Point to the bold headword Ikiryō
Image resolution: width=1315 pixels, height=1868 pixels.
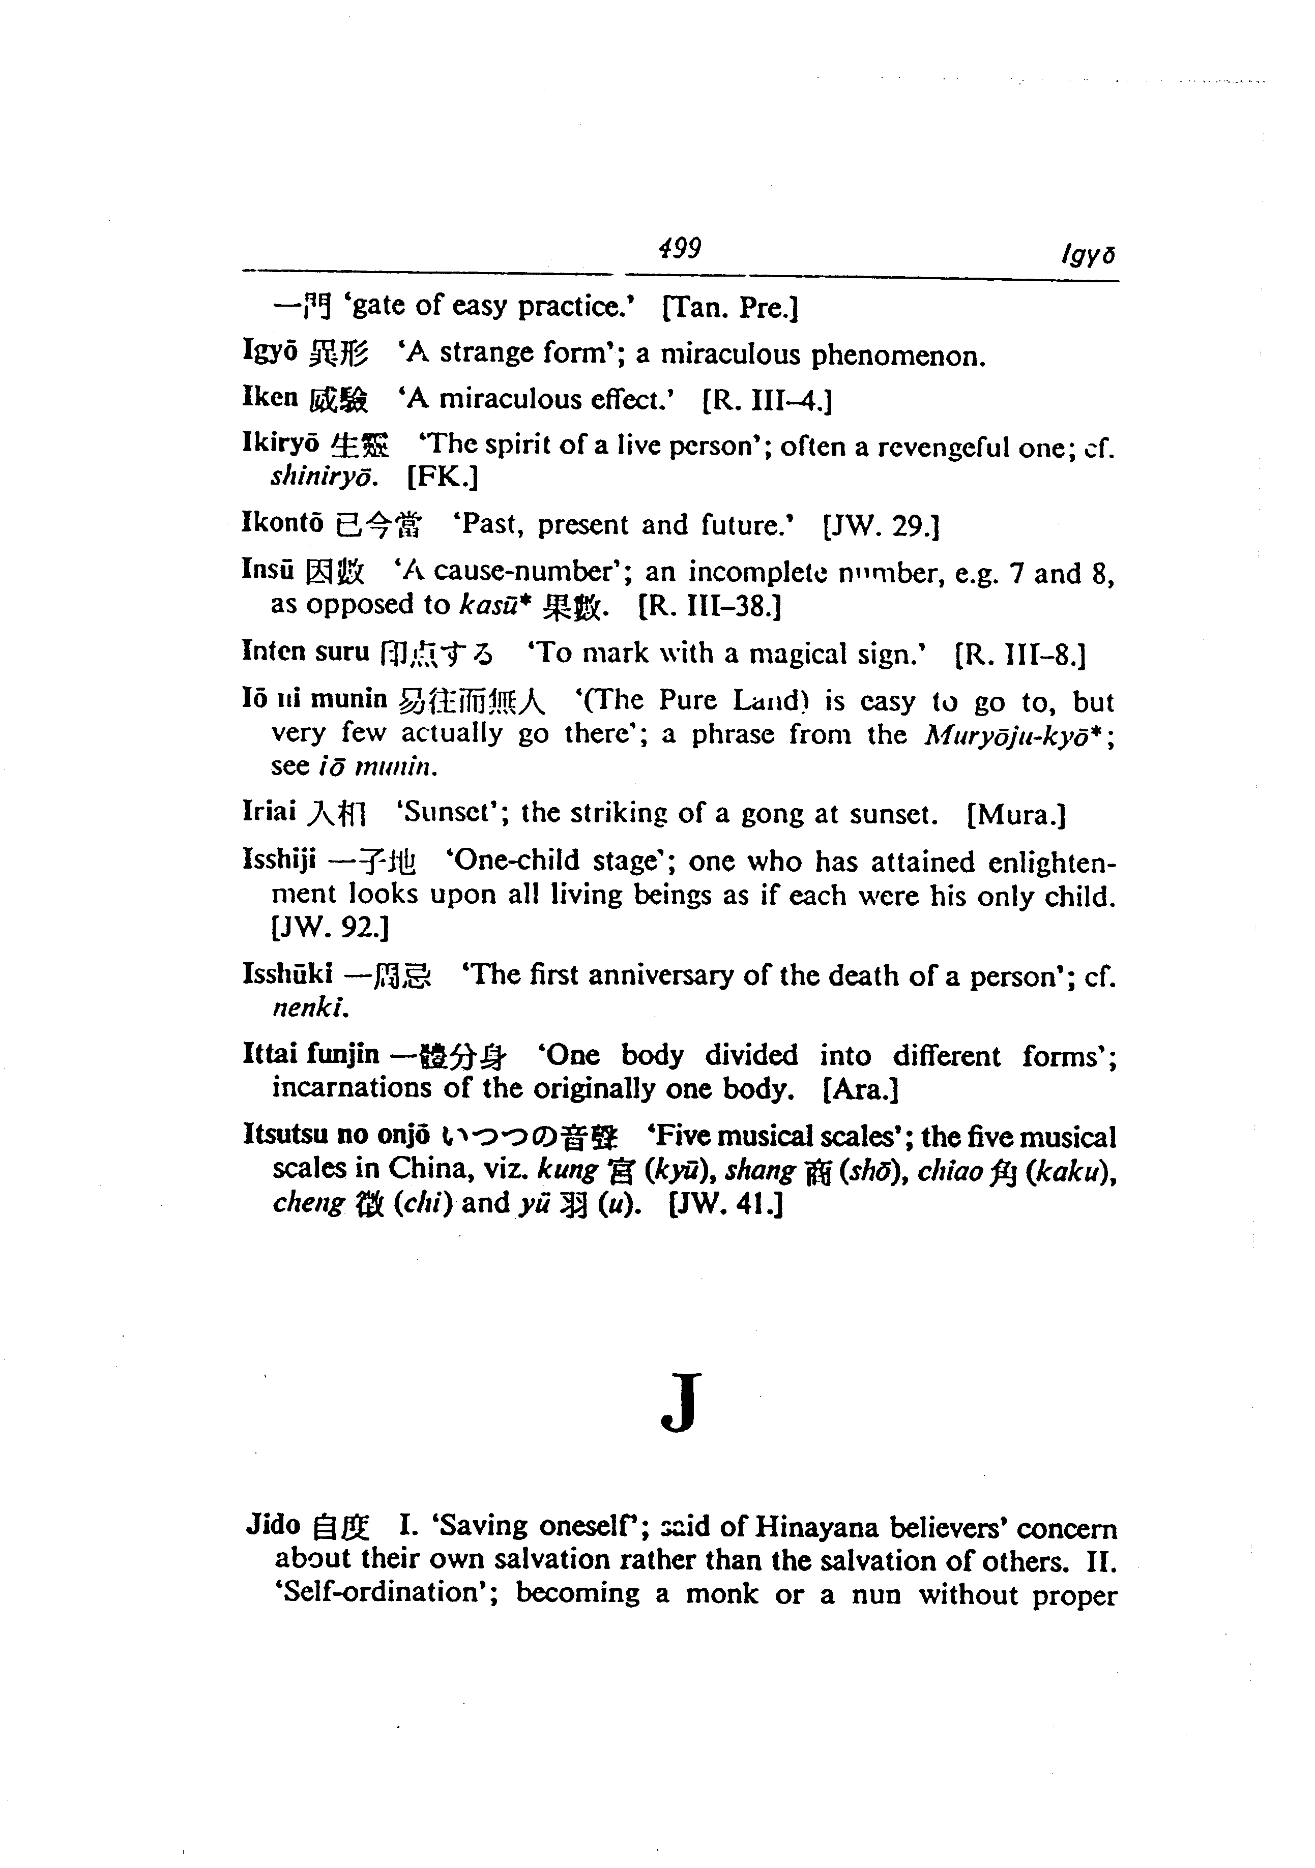point(281,444)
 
